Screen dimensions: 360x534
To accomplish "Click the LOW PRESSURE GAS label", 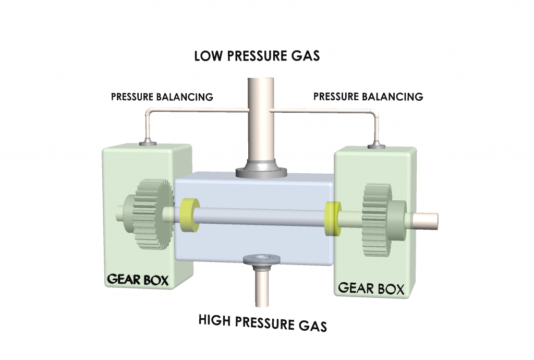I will [257, 56].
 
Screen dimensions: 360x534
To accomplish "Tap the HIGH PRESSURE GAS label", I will [262, 322].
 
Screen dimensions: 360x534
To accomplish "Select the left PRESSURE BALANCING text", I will [161, 97].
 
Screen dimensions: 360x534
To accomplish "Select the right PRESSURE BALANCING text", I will [368, 97].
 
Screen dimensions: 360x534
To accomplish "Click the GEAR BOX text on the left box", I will [138, 279].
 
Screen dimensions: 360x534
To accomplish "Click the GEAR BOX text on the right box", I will [371, 289].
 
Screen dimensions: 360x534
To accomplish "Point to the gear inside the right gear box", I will [377, 219].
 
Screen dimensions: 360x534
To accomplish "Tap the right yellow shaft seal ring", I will [332, 217].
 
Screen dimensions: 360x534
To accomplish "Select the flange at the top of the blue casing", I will [261, 170].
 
